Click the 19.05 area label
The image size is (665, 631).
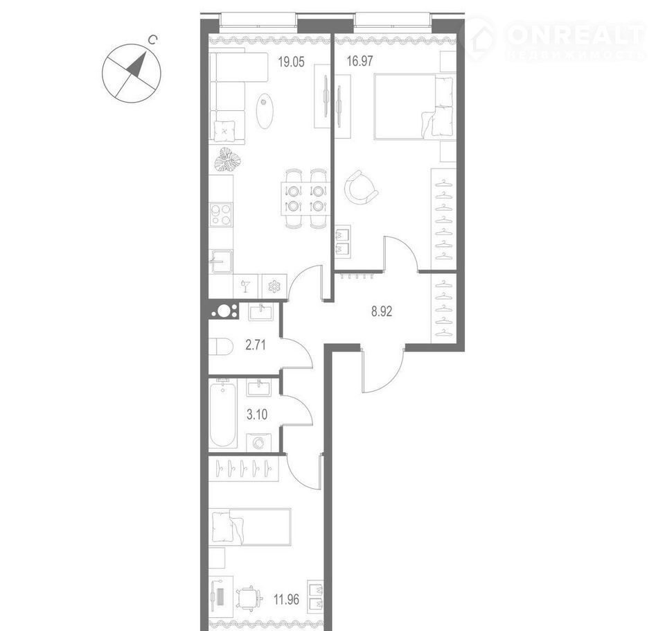tap(291, 62)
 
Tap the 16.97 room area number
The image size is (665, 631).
tap(360, 61)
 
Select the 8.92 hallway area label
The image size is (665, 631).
tap(382, 311)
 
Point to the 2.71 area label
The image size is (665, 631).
tap(256, 345)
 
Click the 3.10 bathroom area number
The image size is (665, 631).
tap(257, 415)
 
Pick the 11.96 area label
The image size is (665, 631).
tap(286, 600)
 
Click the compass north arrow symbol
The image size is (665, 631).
tap(137, 64)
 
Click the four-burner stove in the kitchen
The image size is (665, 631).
tap(221, 214)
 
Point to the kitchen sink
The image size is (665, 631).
tap(222, 261)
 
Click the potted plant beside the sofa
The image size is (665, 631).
tap(227, 160)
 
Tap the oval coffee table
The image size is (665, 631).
tap(264, 110)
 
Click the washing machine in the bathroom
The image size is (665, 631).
tap(258, 443)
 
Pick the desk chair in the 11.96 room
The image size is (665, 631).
tap(248, 598)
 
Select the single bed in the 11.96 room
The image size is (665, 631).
tap(251, 526)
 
